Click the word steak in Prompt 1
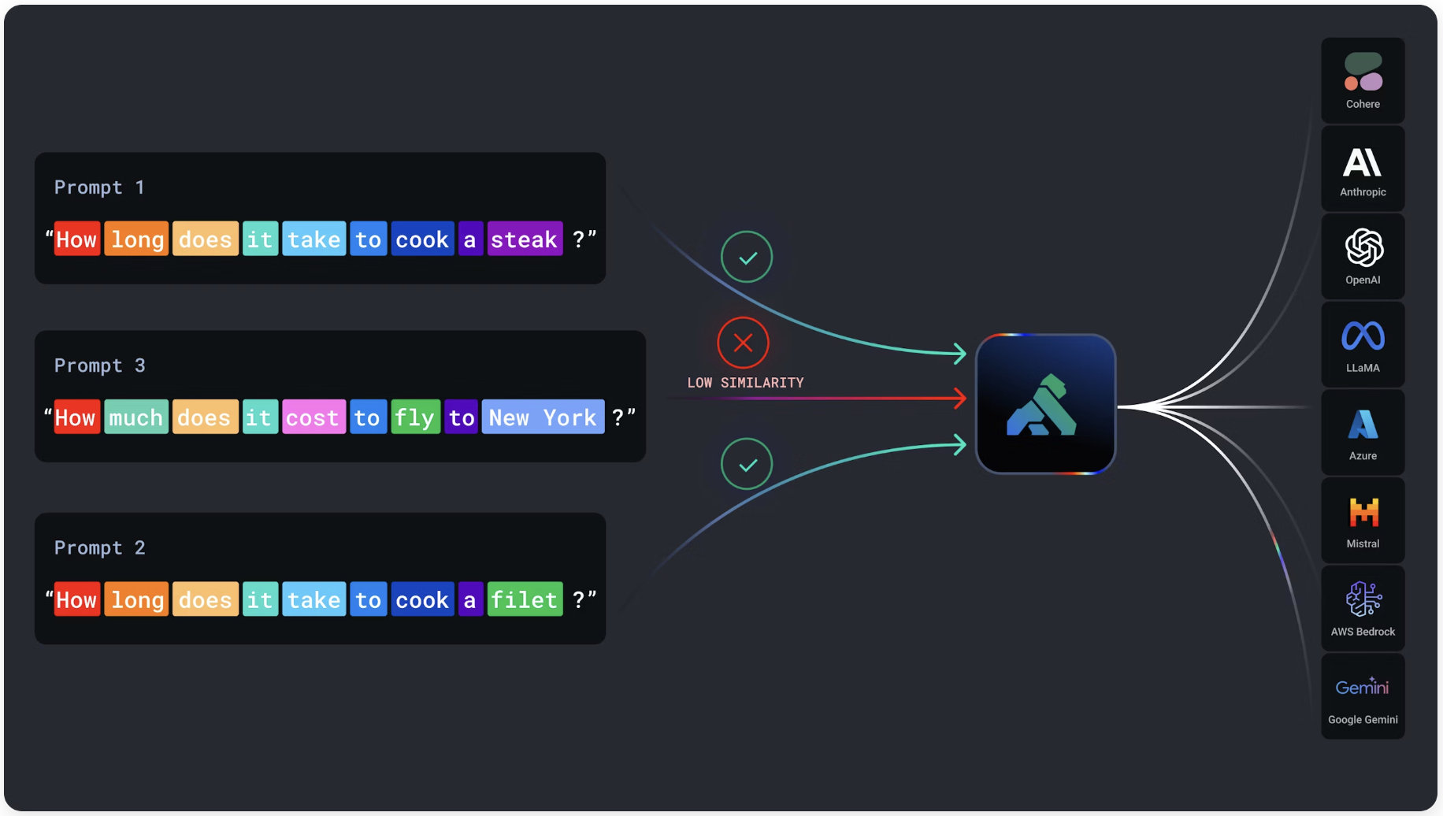click(525, 239)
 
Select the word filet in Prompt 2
click(525, 600)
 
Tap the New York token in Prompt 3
click(543, 417)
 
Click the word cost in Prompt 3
click(313, 417)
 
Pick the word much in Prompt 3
click(135, 417)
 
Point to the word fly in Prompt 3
click(414, 417)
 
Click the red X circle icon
click(743, 343)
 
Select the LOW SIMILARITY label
click(745, 383)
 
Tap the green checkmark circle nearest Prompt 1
click(747, 257)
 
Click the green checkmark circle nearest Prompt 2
click(747, 464)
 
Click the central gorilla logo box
click(1045, 404)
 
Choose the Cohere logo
click(1363, 72)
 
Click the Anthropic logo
click(1363, 163)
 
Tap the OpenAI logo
click(1363, 248)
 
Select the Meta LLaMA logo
click(1363, 336)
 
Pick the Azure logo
click(1363, 425)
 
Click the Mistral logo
click(1363, 513)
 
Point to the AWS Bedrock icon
click(1363, 599)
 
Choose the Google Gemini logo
click(1362, 687)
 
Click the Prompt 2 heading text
click(100, 548)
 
